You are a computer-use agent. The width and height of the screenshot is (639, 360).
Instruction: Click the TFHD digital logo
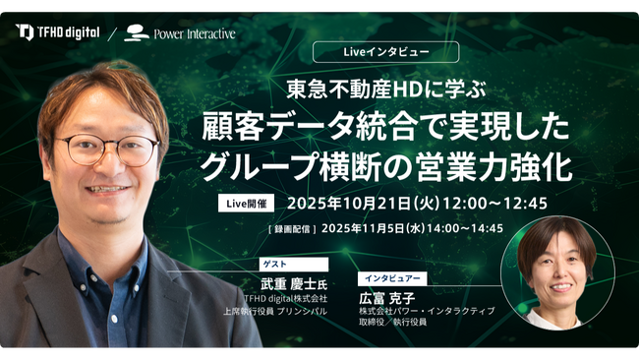point(58,31)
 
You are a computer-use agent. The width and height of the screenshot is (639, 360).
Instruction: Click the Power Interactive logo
point(181,32)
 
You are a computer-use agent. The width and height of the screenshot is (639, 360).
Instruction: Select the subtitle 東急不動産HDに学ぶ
point(385,87)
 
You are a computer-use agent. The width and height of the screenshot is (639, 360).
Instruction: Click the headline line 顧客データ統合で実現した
point(385,127)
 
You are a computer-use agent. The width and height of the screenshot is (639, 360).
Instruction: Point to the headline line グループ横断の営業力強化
point(385,165)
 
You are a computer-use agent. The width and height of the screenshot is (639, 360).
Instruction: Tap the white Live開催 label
point(247,204)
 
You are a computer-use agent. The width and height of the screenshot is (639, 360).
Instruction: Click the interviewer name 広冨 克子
point(388,297)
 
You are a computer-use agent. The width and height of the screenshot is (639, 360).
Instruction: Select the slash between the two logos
point(111,32)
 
